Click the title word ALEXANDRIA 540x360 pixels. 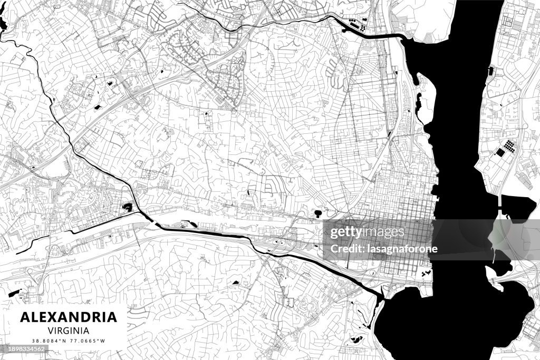(x=69, y=317)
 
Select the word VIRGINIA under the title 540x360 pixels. (x=69, y=330)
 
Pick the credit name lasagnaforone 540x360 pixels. (x=403, y=249)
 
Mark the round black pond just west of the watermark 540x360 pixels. (x=317, y=213)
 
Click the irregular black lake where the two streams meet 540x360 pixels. (x=128, y=207)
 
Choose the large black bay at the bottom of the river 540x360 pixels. (x=438, y=322)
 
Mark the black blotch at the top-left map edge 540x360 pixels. (x=3, y=24)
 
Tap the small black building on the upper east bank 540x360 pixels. (x=491, y=70)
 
